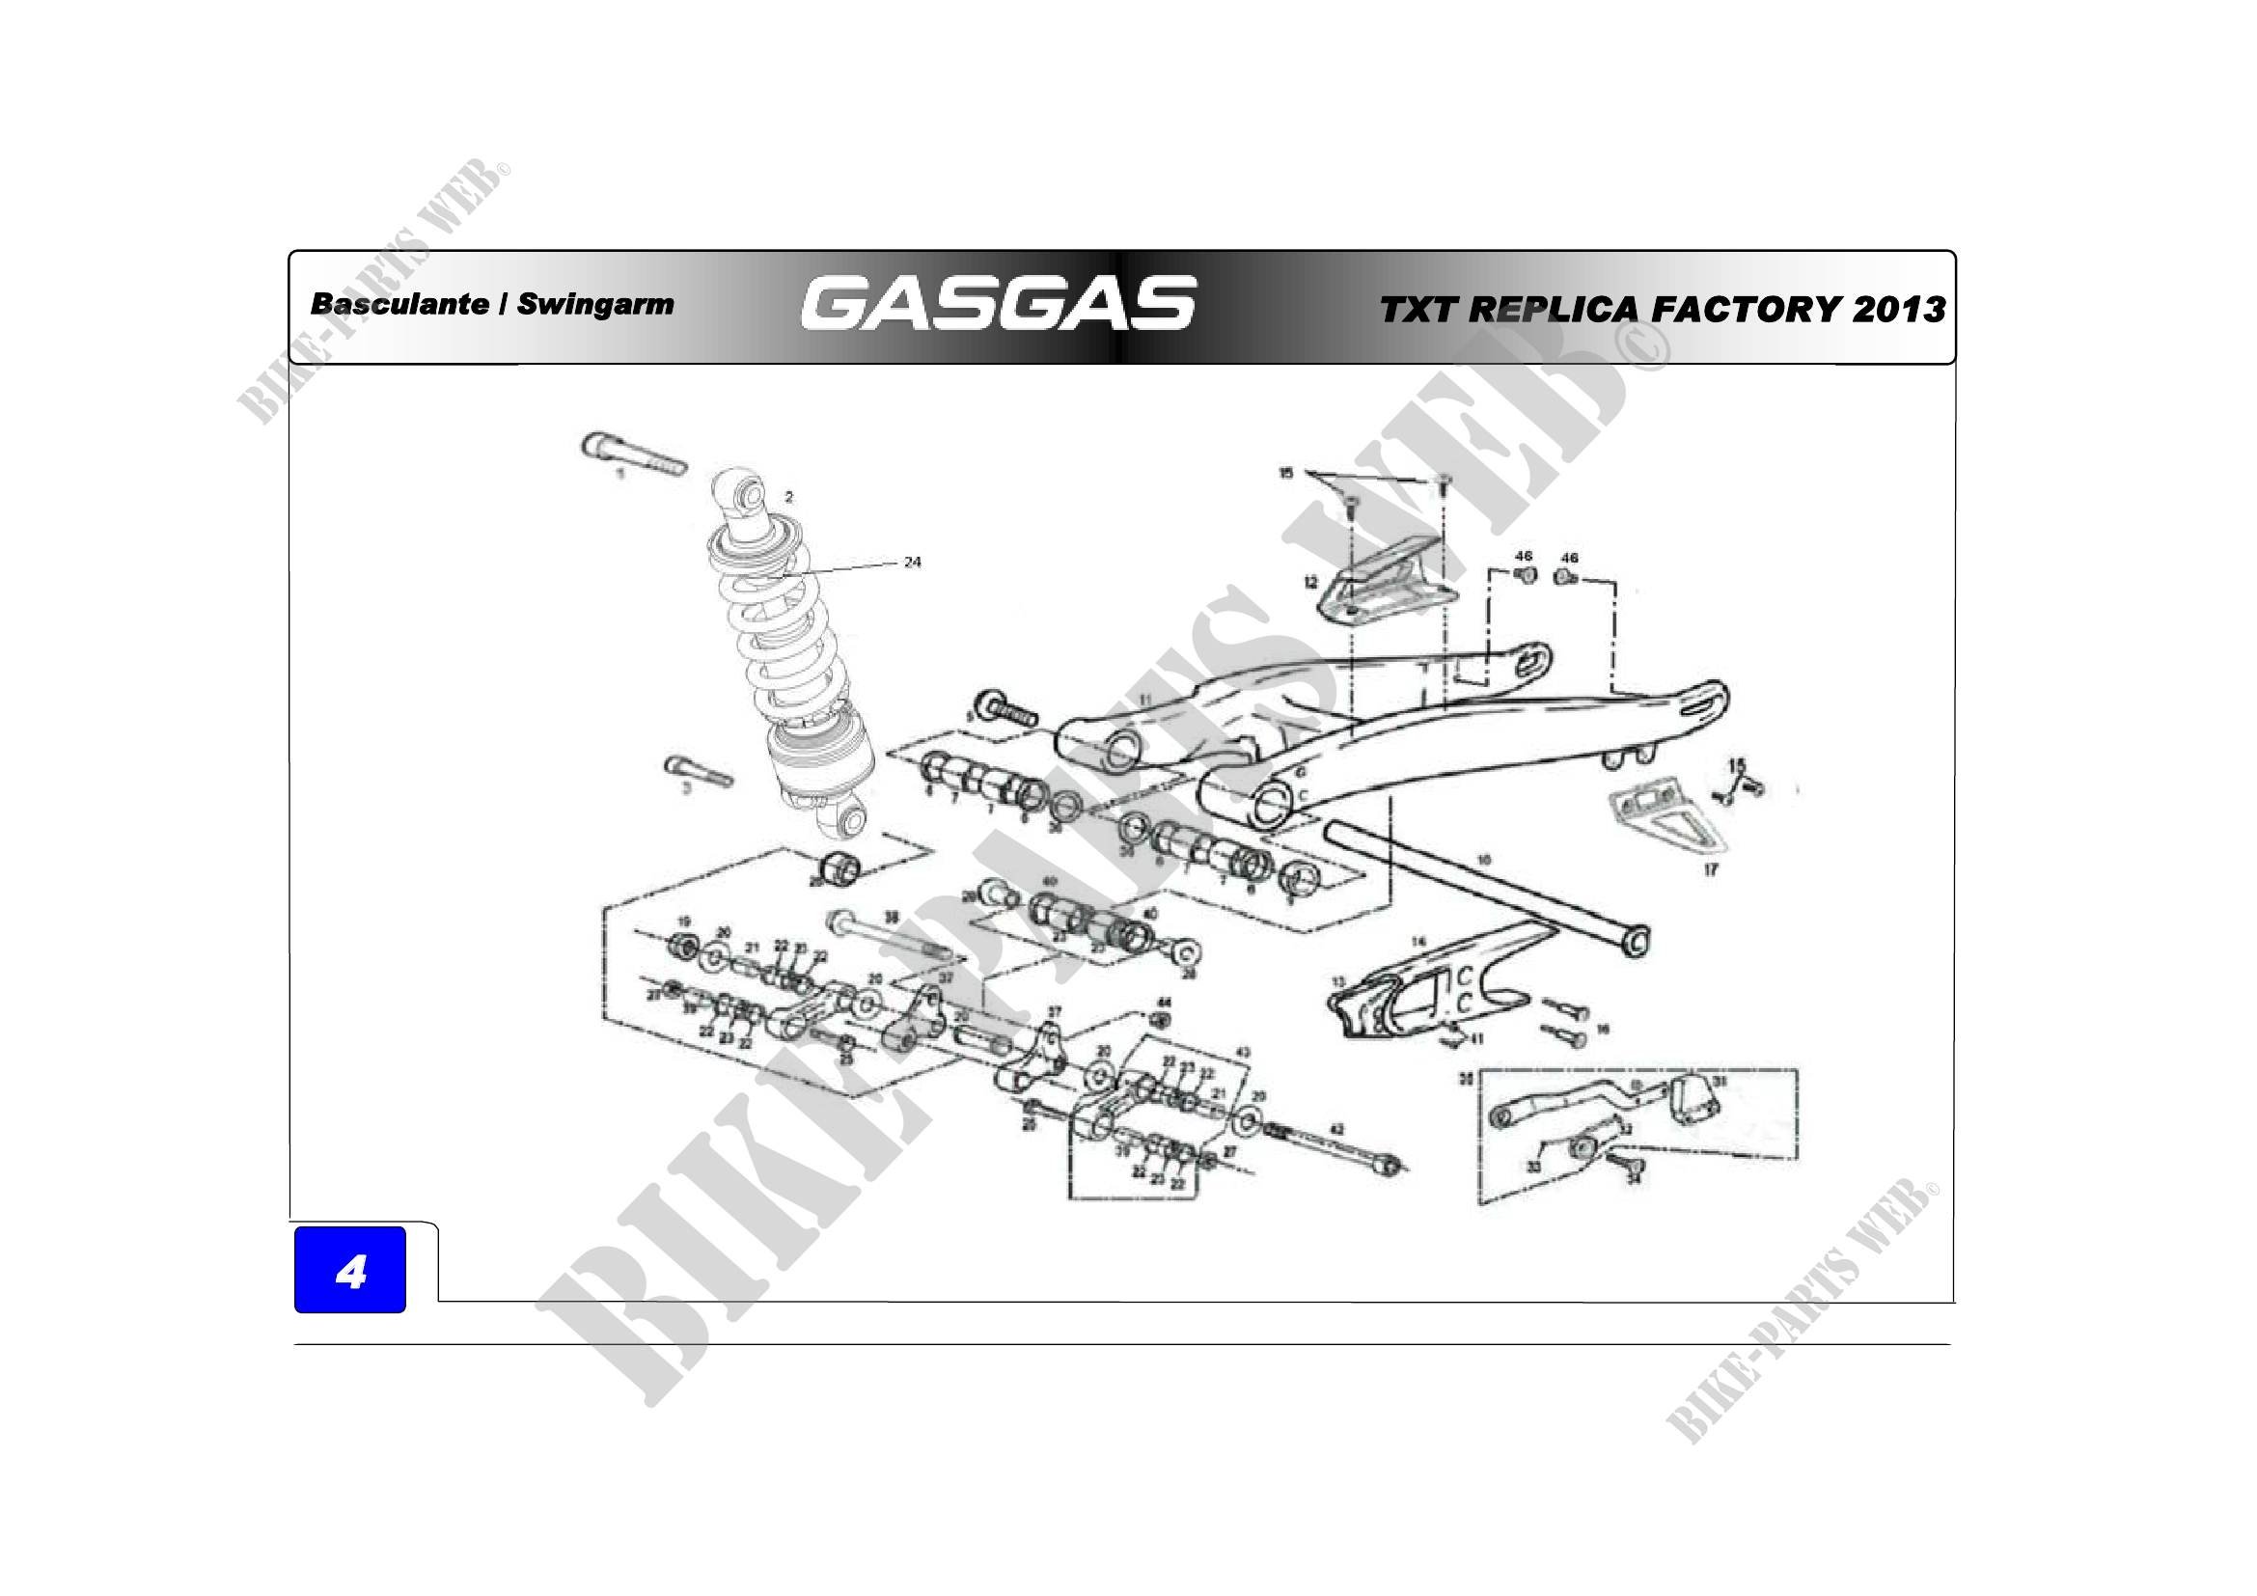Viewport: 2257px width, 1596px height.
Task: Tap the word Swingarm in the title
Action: tap(594, 305)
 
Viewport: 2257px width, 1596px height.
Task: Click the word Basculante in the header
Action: tap(399, 305)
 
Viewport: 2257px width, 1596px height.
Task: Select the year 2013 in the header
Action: tap(1898, 310)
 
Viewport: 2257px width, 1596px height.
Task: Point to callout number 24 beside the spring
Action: tap(912, 563)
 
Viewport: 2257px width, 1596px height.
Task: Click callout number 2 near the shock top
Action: tap(788, 497)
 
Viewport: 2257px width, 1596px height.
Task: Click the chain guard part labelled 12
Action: tap(1386, 585)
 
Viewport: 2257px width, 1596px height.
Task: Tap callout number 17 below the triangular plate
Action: tap(1711, 869)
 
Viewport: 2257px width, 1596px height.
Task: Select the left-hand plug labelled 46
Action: tap(1525, 575)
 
